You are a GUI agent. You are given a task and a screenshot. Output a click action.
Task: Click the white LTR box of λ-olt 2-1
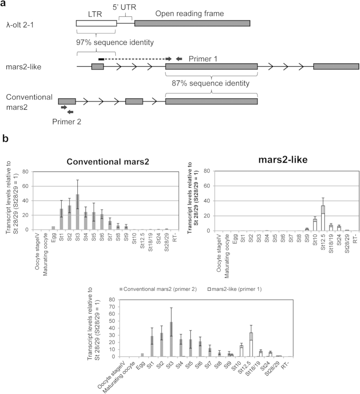click(97, 24)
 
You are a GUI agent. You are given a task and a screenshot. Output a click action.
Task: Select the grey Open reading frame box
click(192, 24)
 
